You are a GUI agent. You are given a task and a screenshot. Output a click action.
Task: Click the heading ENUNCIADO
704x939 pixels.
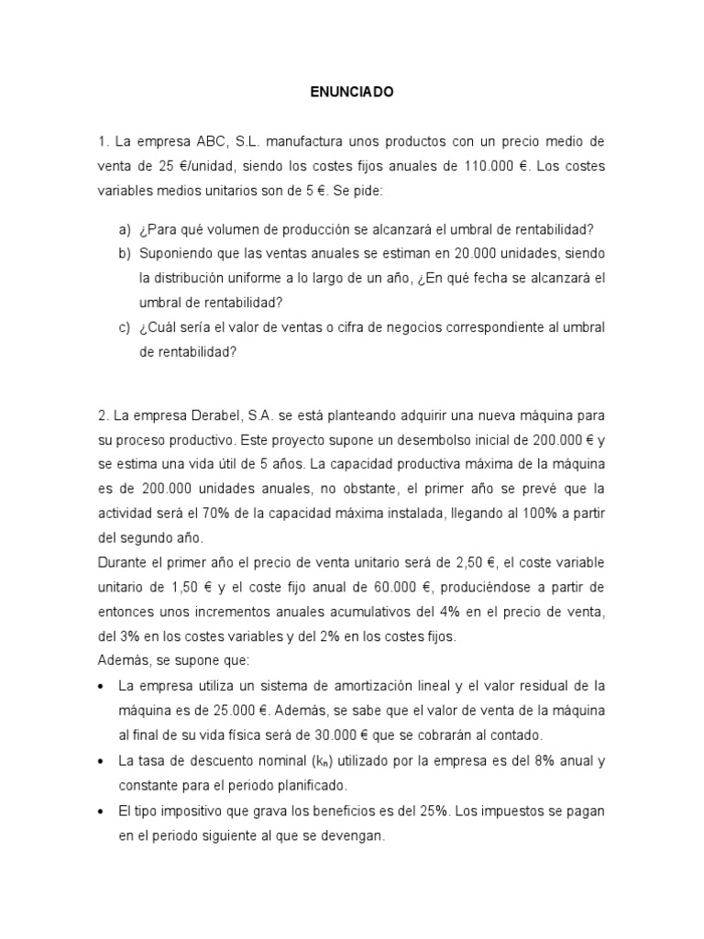(x=352, y=93)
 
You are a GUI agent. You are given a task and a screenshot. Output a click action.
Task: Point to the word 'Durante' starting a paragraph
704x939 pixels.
(x=124, y=561)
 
